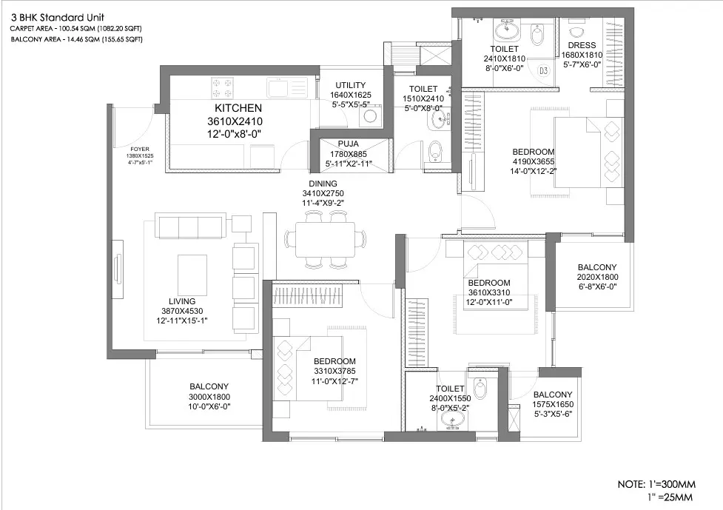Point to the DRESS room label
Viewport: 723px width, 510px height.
pos(582,45)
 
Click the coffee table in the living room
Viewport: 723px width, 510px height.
pos(192,273)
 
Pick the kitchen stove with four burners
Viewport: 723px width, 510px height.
pos(222,87)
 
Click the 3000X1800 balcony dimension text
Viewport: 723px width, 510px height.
pos(209,397)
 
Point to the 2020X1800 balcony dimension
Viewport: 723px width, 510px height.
pos(596,277)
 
